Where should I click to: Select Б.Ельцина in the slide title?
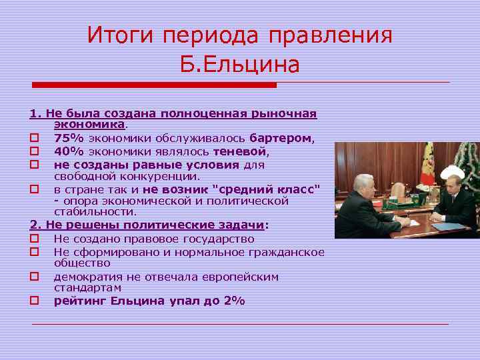[x=240, y=65]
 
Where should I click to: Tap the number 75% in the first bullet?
[x=69, y=138]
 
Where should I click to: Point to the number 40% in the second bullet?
[x=69, y=151]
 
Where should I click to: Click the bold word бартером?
[x=281, y=138]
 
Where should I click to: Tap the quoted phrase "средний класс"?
[x=274, y=189]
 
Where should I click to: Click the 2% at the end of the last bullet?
[x=234, y=301]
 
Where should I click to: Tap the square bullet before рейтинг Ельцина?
[x=34, y=301]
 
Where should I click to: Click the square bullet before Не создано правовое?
[x=34, y=239]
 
